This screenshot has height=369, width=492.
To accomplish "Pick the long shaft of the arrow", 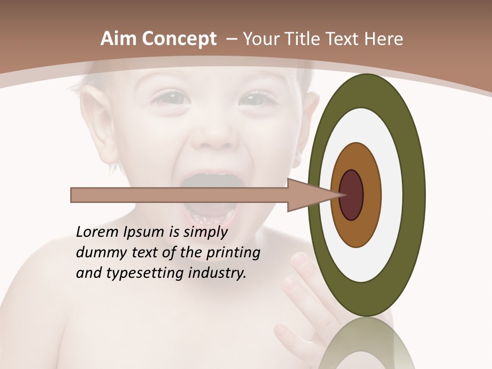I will (x=179, y=195).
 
